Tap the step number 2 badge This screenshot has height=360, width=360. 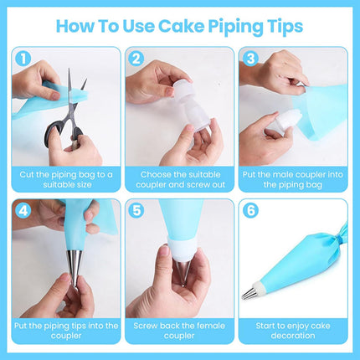pyautogui.click(x=136, y=59)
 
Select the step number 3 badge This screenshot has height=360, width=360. pyautogui.click(x=249, y=59)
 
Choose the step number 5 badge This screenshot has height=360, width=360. pyautogui.click(x=136, y=211)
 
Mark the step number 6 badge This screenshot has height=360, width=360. pyautogui.click(x=249, y=211)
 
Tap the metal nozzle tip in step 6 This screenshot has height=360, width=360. pyautogui.click(x=251, y=293)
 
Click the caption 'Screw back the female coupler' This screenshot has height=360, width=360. pyautogui.click(x=179, y=330)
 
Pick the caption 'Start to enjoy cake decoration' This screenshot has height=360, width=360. pyautogui.click(x=293, y=330)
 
